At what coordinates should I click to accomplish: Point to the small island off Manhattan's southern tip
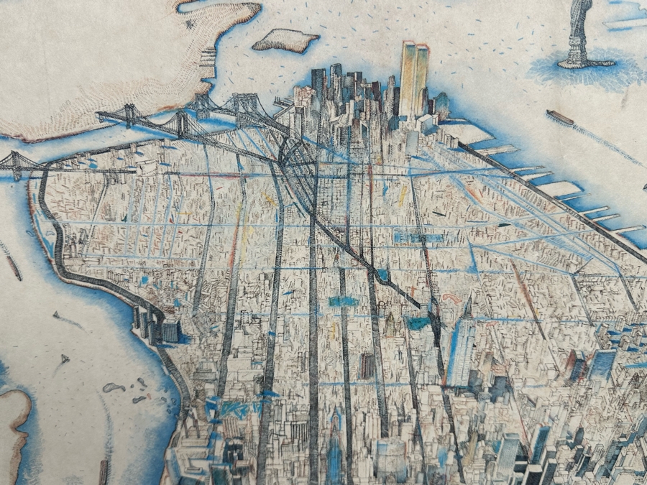tap(285, 40)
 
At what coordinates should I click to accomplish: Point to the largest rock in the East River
tap(113, 387)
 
